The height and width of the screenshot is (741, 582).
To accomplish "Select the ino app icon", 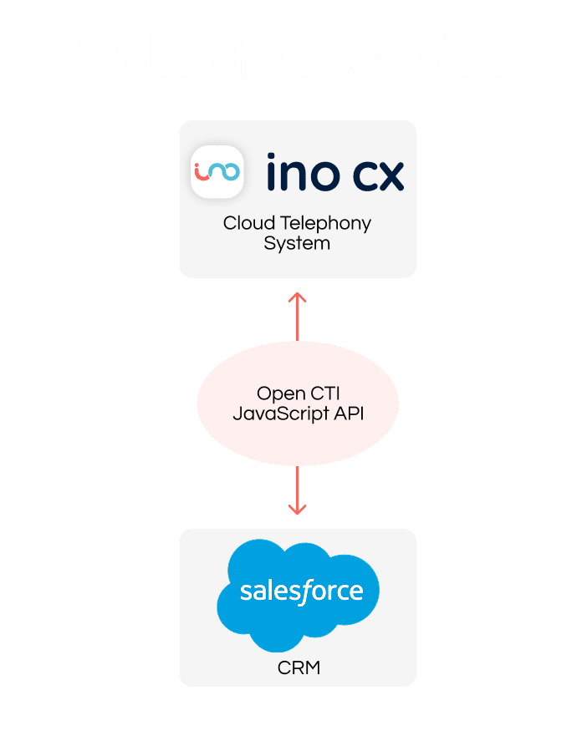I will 217,171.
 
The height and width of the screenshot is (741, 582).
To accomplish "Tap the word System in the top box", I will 297,244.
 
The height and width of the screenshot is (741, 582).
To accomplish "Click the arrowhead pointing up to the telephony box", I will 297,297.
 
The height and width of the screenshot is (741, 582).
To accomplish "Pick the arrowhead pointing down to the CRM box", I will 297,508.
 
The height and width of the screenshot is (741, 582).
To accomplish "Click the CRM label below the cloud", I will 298,668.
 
